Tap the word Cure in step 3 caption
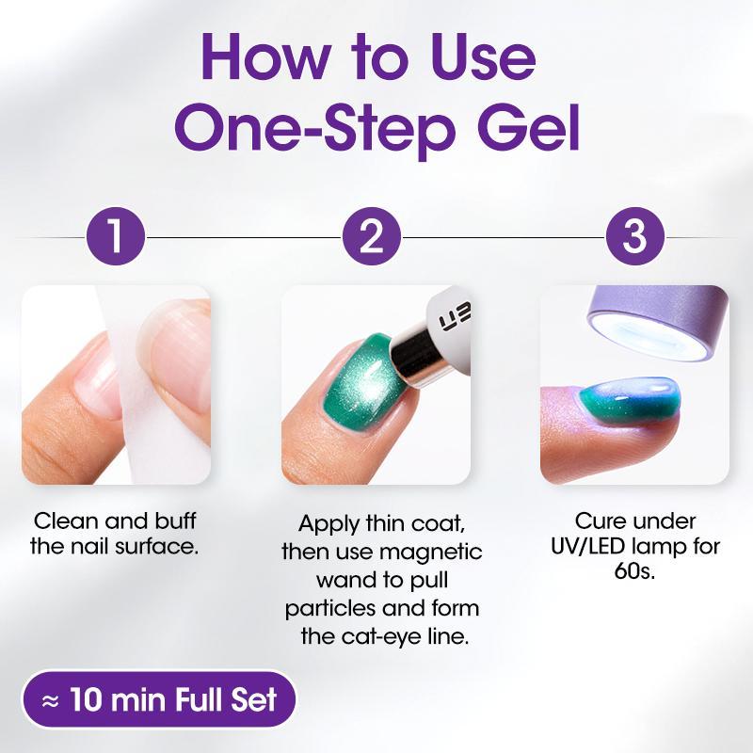tap(600, 520)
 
